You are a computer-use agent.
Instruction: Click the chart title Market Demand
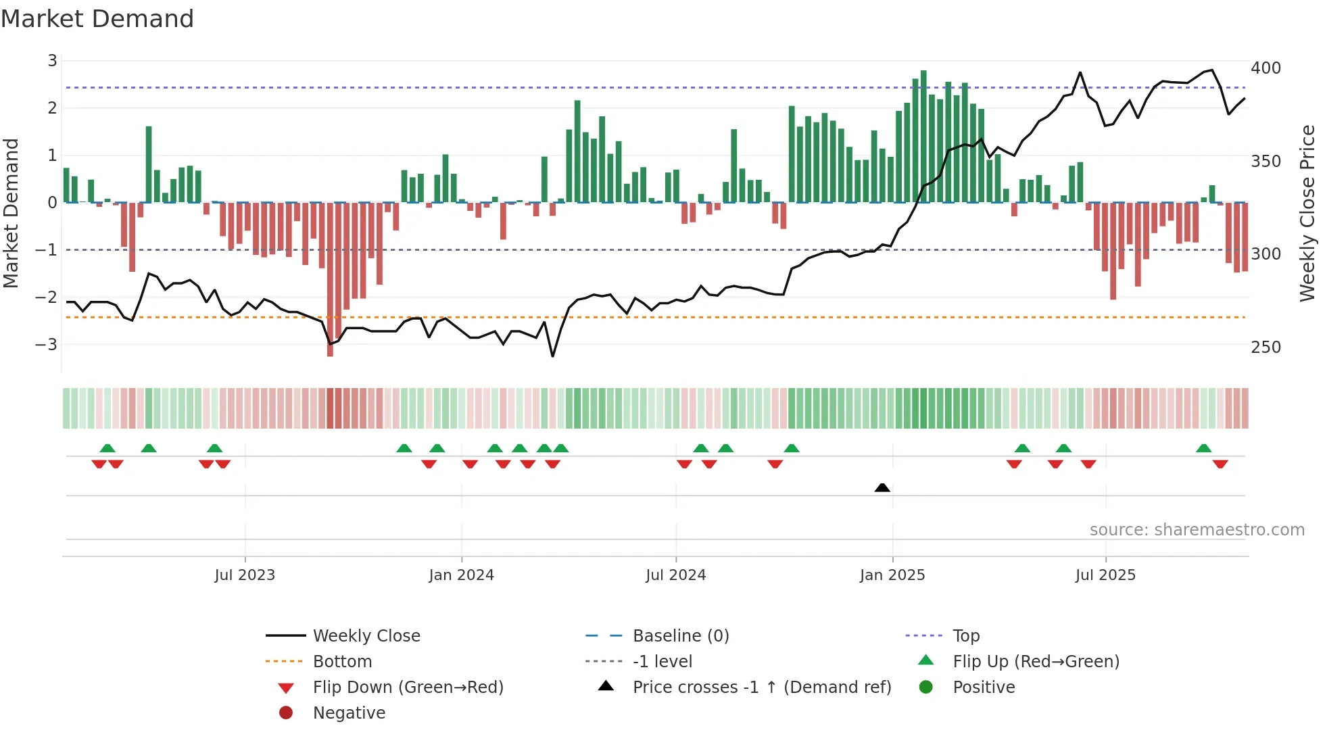click(x=97, y=19)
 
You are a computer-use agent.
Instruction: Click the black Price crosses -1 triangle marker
click(x=882, y=487)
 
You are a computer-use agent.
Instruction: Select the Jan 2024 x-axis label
click(x=461, y=575)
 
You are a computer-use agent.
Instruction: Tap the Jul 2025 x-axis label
click(x=1105, y=575)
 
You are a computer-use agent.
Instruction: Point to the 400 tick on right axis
click(x=1266, y=68)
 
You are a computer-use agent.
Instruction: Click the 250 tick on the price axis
click(x=1266, y=347)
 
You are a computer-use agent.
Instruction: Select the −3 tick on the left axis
click(x=46, y=345)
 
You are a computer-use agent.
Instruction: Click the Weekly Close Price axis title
click(x=1307, y=213)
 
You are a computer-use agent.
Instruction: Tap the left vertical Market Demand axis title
click(x=11, y=213)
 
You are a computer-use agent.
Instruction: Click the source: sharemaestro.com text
click(x=1197, y=530)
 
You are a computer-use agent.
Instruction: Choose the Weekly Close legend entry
click(x=366, y=636)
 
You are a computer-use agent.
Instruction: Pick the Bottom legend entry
click(x=342, y=662)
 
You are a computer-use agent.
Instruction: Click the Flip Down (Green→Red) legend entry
click(x=408, y=688)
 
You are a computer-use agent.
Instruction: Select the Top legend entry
click(x=965, y=636)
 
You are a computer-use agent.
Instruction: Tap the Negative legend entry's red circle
click(x=286, y=713)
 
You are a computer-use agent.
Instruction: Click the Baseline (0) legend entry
click(x=680, y=636)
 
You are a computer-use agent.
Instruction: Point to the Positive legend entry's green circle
click(x=926, y=688)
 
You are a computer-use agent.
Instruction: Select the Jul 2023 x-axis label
click(x=245, y=575)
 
